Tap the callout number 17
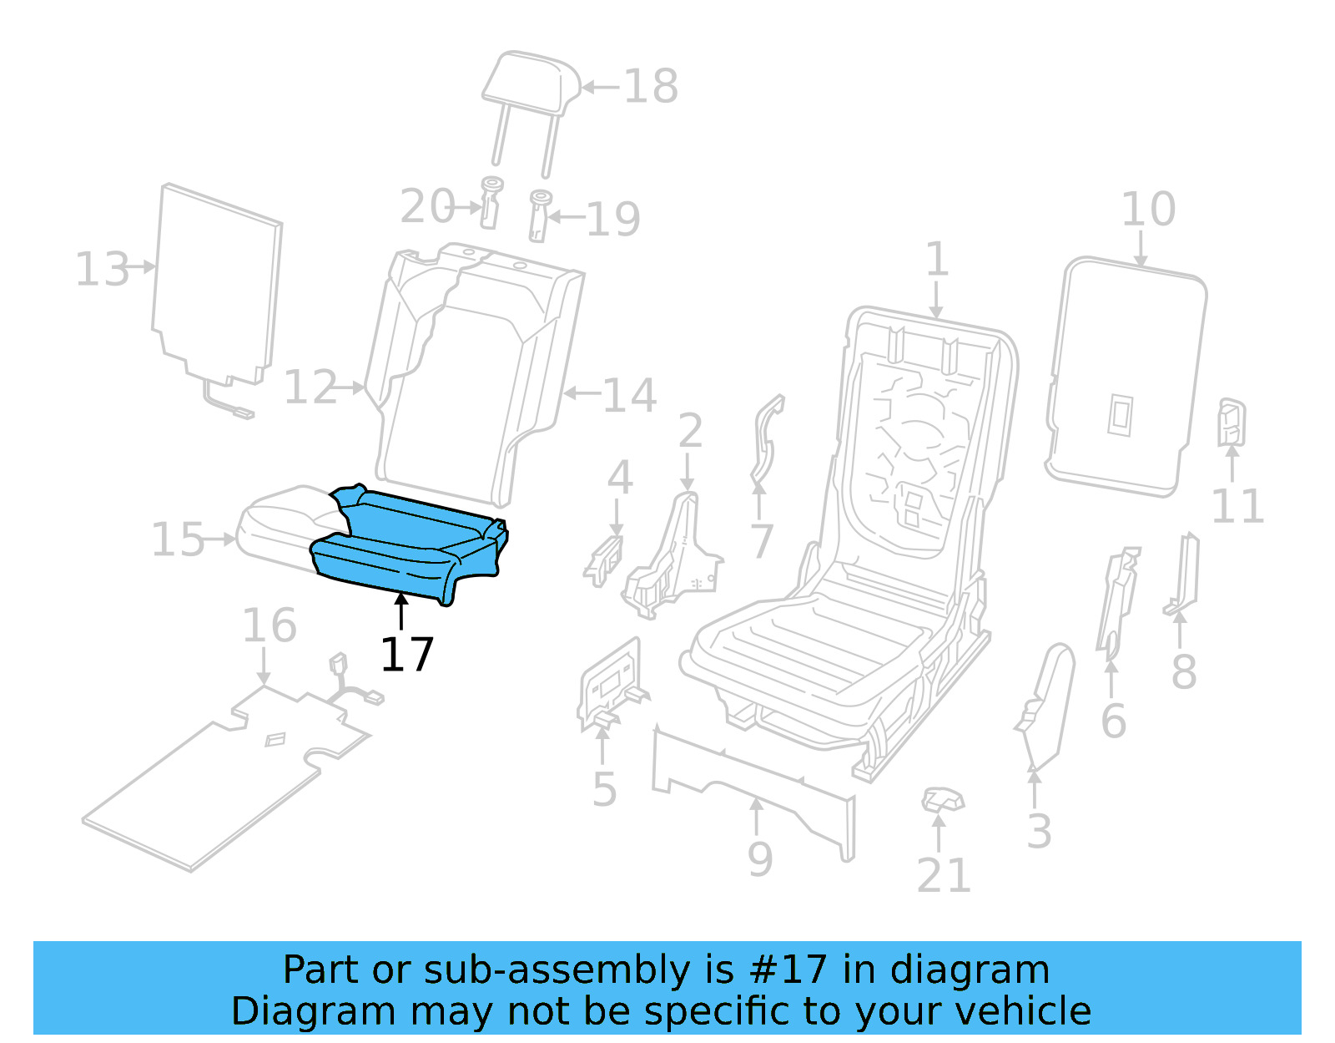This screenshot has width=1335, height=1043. coord(406,655)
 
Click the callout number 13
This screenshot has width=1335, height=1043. coord(102,269)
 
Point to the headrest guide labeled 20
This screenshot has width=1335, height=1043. coord(491,202)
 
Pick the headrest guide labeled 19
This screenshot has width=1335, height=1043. coord(540,215)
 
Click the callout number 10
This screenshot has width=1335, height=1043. coord(1147,209)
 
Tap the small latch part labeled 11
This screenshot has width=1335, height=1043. coord(1232,422)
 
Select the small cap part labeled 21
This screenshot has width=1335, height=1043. coord(943,800)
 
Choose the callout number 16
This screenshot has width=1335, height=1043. coord(269,625)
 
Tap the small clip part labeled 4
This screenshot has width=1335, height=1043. coord(604,560)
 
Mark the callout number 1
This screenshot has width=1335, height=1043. coord(937,259)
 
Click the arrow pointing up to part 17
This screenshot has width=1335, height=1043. coord(401,610)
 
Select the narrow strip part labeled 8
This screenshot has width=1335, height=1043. coord(1184,576)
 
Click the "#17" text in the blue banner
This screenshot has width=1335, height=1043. coord(788,970)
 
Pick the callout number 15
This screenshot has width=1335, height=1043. coord(177,539)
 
